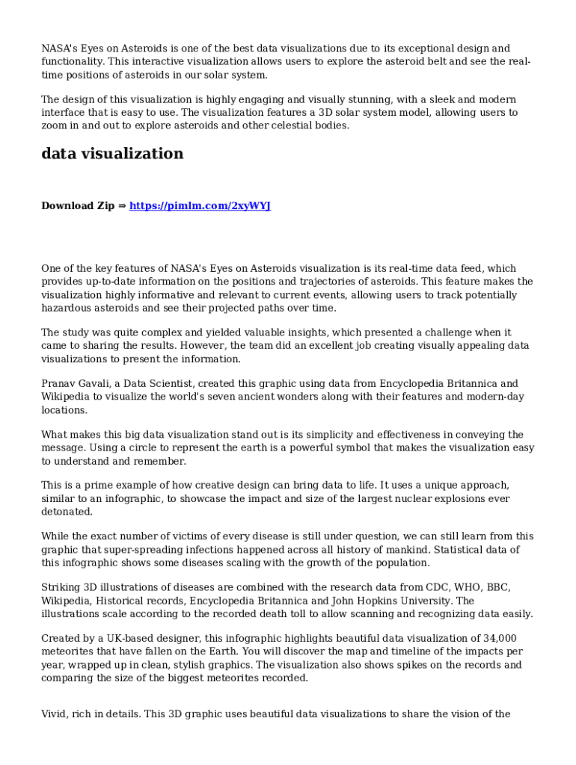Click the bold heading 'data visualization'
click(x=112, y=154)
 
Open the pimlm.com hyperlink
click(x=200, y=205)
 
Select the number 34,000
click(x=499, y=639)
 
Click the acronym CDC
click(x=438, y=588)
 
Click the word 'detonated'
click(x=67, y=512)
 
